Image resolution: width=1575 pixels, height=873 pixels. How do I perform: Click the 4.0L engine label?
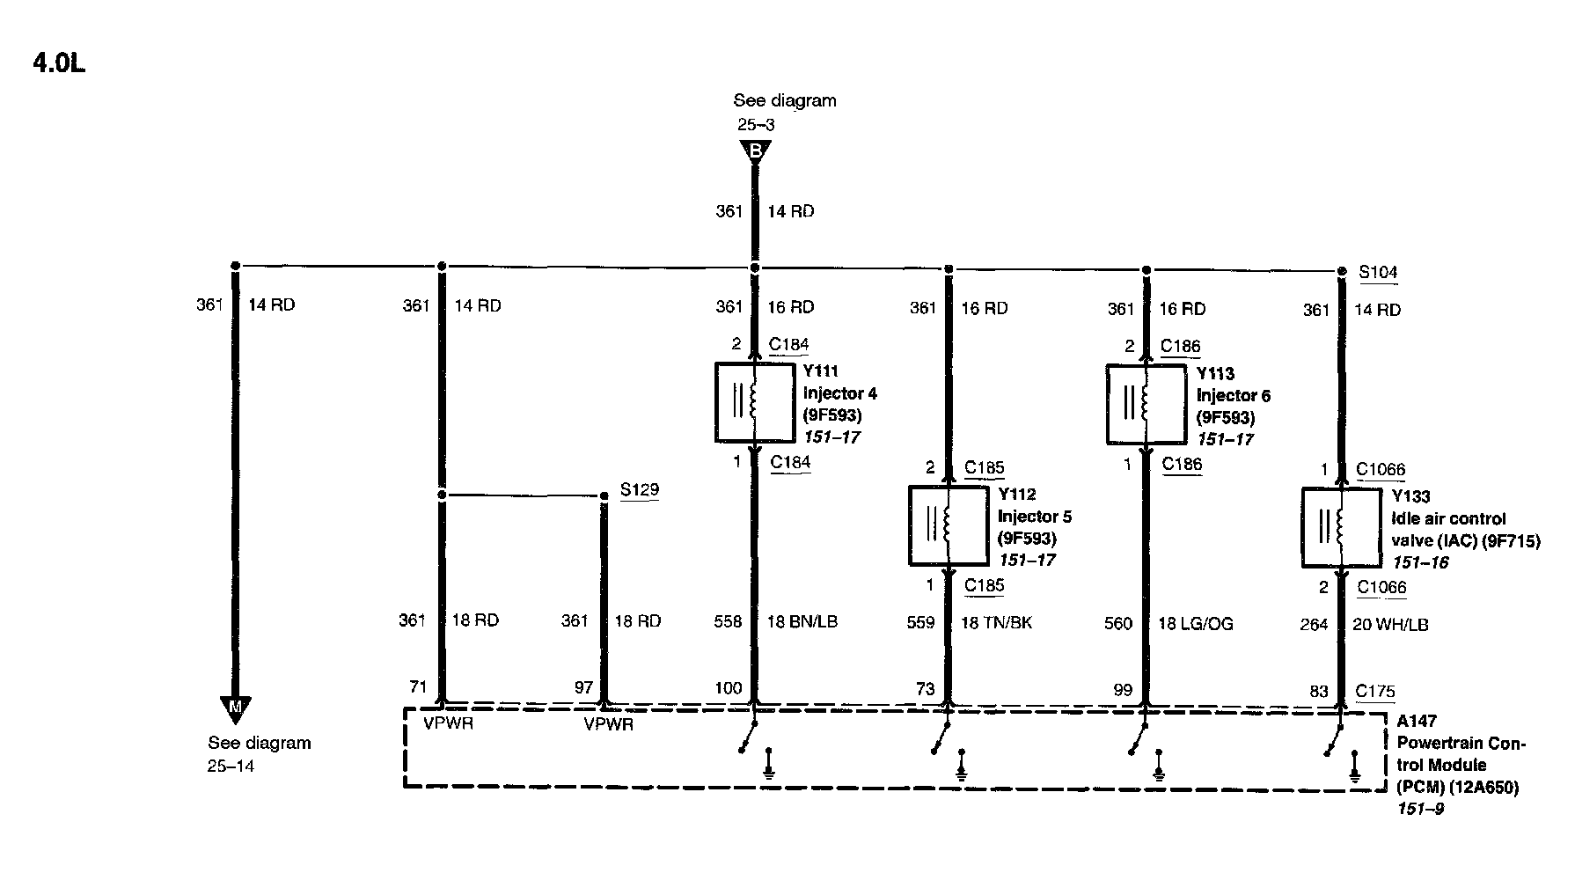click(59, 64)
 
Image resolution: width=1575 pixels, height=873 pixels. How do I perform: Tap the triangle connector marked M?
click(235, 707)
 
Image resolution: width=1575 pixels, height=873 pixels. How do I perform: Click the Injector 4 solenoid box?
click(754, 401)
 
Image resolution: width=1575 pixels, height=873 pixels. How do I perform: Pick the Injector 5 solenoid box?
click(948, 525)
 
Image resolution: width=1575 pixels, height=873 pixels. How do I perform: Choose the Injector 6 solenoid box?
click(1145, 404)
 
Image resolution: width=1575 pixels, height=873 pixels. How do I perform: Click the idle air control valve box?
click(1341, 528)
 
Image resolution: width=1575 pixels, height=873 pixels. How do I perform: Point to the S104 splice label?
click(1378, 272)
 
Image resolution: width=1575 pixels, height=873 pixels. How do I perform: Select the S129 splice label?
click(639, 490)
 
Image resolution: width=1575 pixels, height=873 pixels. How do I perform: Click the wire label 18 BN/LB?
click(802, 622)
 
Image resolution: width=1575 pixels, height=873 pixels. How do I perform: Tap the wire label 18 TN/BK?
click(996, 623)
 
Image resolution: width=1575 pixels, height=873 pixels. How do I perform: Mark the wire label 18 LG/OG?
click(1195, 624)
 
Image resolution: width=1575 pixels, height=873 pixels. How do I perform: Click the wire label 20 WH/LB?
click(1389, 625)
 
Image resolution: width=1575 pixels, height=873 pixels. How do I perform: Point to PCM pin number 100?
click(729, 688)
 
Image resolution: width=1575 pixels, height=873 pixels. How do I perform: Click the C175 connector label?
click(1375, 692)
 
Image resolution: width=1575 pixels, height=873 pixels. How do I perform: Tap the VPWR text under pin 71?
click(449, 723)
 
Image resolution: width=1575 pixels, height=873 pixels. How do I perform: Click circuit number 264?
click(1314, 625)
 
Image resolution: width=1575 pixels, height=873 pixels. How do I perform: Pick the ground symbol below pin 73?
click(962, 767)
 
